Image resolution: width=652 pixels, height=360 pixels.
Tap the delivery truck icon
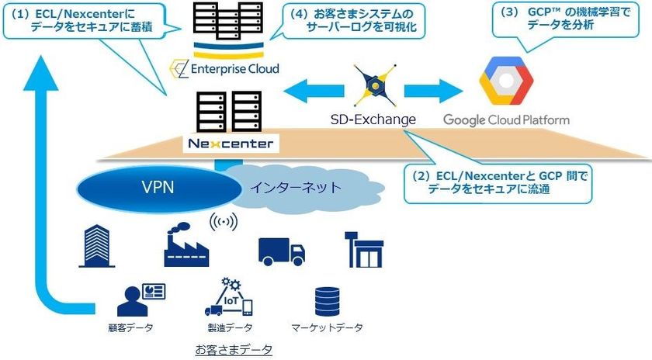click(x=281, y=250)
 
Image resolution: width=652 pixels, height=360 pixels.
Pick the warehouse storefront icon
click(x=364, y=248)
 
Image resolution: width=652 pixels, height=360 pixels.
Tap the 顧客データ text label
click(x=130, y=327)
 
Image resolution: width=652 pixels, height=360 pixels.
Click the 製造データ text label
click(x=231, y=327)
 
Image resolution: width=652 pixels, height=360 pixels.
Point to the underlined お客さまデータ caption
click(x=234, y=350)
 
